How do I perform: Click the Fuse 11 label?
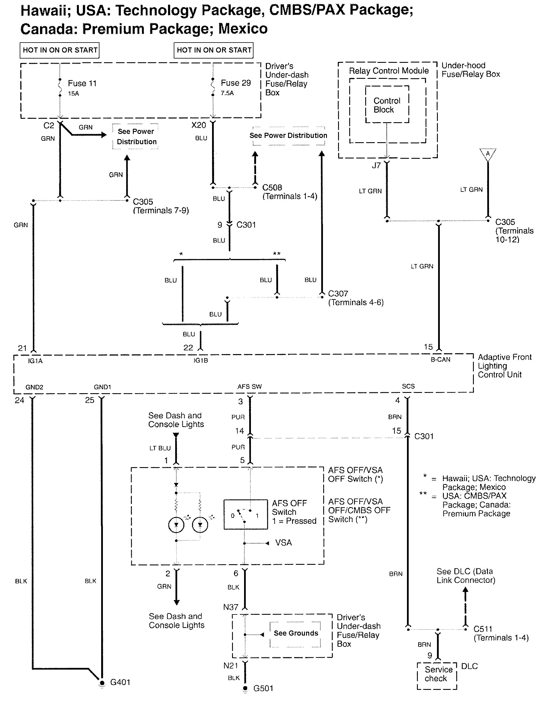click(x=82, y=84)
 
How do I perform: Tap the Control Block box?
click(x=387, y=105)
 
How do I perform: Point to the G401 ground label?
click(x=120, y=682)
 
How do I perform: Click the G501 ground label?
click(x=263, y=688)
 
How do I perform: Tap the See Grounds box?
click(x=296, y=633)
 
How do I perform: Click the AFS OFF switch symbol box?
click(x=245, y=514)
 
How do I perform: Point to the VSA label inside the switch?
click(x=284, y=543)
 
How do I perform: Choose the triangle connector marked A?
click(x=488, y=154)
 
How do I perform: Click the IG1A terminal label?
click(x=35, y=361)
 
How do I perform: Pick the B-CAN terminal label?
click(x=440, y=359)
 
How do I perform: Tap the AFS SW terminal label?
click(x=249, y=387)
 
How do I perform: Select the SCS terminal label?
click(x=408, y=386)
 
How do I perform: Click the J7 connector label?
click(x=376, y=166)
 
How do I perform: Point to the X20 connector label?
click(x=199, y=125)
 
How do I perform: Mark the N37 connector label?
click(x=231, y=607)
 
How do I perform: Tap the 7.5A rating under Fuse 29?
click(x=227, y=93)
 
